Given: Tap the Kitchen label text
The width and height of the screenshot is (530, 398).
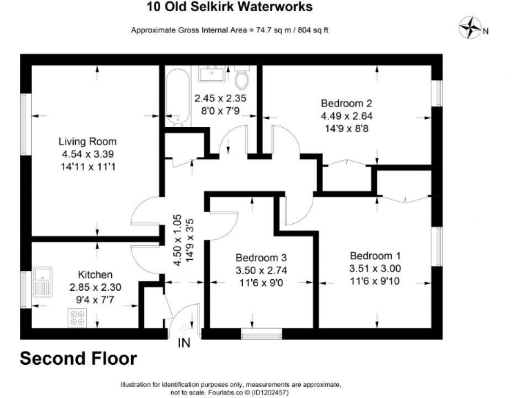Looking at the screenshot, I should coord(95,274).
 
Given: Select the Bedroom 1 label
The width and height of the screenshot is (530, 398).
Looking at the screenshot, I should coord(374,254).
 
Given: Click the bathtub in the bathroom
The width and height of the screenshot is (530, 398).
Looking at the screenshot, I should coord(177,97).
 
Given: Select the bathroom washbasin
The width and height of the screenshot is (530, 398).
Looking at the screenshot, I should coord(208,73).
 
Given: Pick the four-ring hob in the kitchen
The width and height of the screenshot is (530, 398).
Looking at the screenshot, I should coord(77,319).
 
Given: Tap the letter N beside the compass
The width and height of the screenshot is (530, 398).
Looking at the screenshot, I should coord(486,30).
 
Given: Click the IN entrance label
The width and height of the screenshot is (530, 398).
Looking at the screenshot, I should coord(185,343).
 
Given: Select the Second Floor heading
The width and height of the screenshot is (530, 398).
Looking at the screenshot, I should coord(78,359).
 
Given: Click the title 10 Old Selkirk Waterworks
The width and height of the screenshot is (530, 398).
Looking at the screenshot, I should coord(230,8).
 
